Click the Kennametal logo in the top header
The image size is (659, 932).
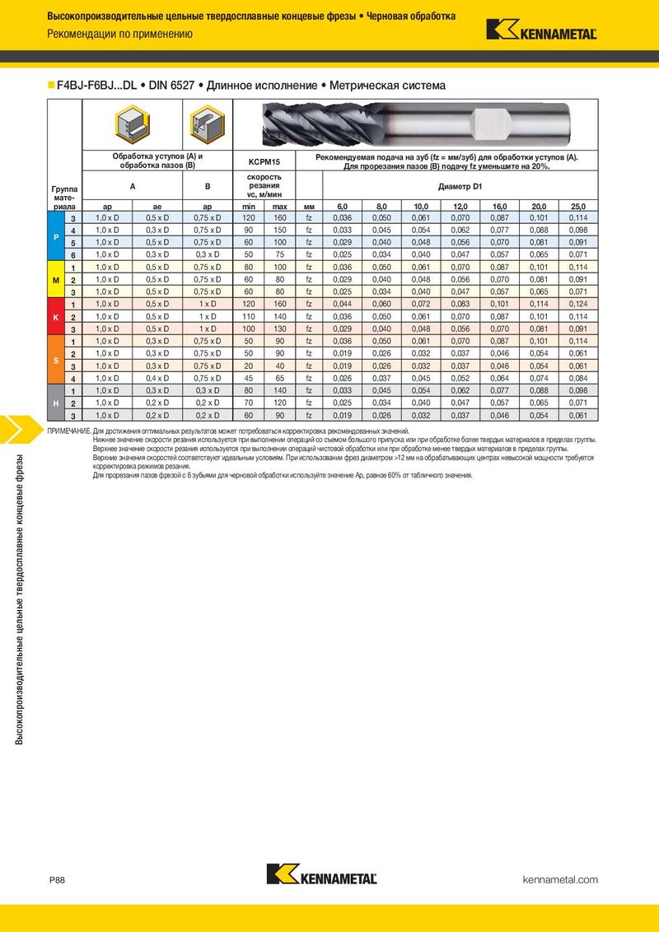click(541, 30)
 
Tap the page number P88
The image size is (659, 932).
click(57, 880)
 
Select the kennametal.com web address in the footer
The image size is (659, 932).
click(560, 880)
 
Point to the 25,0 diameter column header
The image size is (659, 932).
click(578, 206)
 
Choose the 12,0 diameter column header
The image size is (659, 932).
click(460, 206)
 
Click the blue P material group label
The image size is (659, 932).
click(55, 235)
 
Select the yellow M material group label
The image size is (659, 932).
click(55, 280)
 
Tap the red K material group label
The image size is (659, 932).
click(55, 317)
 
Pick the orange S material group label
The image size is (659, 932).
click(55, 360)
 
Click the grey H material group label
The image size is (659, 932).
click(55, 403)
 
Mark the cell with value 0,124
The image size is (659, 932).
click(578, 305)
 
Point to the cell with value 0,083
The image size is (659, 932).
click(460, 305)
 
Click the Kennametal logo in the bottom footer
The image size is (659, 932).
click(322, 874)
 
